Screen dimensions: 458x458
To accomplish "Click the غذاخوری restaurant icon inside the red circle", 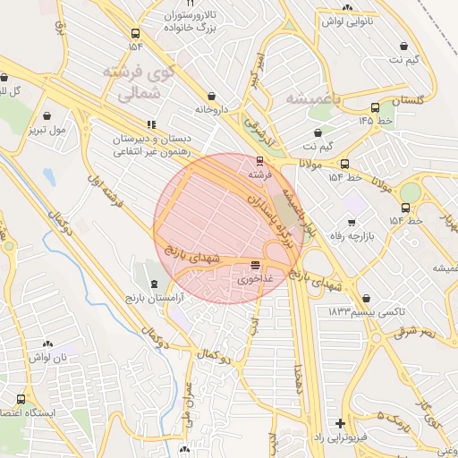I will pyautogui.click(x=257, y=265).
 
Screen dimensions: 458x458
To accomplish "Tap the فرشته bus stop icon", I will pyautogui.click(x=259, y=161).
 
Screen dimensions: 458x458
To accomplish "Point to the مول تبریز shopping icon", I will pyautogui.click(x=47, y=114).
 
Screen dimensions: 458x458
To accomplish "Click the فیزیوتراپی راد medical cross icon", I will pyautogui.click(x=340, y=422).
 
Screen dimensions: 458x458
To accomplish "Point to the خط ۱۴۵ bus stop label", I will pyautogui.click(x=377, y=120).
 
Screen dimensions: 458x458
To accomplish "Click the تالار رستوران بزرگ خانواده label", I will pyautogui.click(x=196, y=23).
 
